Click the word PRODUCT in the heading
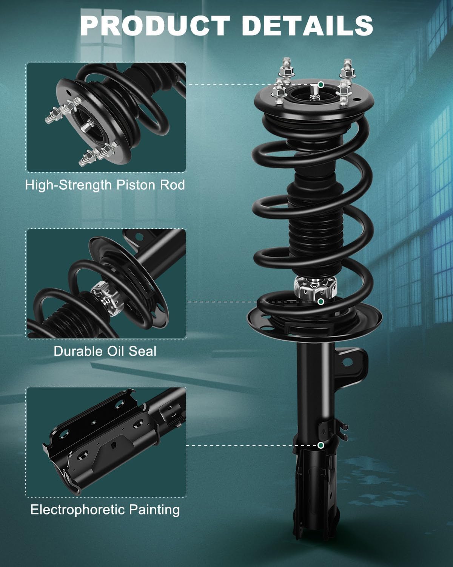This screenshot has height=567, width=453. click(155, 26)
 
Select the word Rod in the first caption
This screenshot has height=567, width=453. click(174, 185)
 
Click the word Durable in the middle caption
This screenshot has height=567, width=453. click(78, 351)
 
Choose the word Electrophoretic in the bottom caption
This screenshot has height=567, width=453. click(78, 510)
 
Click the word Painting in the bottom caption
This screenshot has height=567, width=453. click(154, 510)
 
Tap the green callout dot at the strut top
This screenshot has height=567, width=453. click(321, 84)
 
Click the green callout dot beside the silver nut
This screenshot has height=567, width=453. click(321, 301)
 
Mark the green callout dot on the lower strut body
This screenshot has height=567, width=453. click(321, 445)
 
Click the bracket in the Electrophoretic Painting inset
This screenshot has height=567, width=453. click(102, 442)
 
